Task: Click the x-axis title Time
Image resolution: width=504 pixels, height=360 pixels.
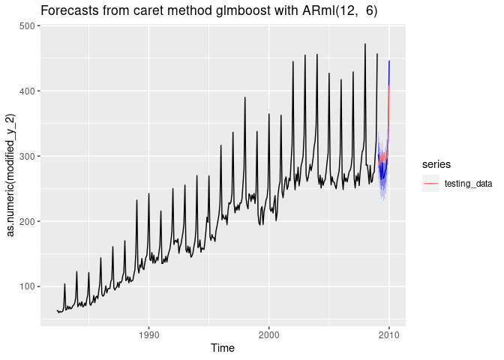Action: (223, 347)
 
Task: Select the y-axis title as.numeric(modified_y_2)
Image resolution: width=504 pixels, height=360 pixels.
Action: (11, 174)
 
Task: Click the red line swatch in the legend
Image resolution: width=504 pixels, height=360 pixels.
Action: (430, 184)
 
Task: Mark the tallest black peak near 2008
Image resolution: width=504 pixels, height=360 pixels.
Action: (365, 44)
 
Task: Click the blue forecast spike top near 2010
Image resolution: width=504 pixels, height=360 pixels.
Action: (388, 61)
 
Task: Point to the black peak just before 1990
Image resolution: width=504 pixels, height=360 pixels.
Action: (136, 200)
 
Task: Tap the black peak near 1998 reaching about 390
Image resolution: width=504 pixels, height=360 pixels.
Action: (244, 97)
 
